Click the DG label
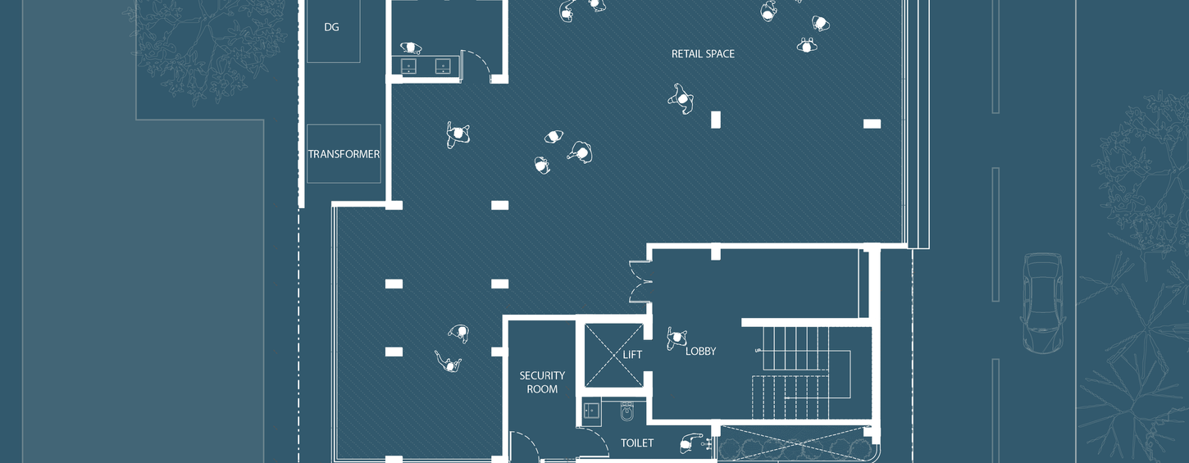coord(331,27)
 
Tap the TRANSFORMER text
coord(344,154)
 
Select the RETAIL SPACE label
coord(703,54)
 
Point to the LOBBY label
coord(700,351)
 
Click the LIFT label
coord(632,354)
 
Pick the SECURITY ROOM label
coord(542,382)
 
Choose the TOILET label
coord(637,443)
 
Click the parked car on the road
coord(1042,303)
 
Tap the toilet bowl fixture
coord(626,411)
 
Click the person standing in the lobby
coord(676,338)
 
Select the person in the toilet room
coord(690,443)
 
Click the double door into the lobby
coord(640,282)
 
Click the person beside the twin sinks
coord(411,48)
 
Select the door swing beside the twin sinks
coord(476,64)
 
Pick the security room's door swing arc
coord(526,446)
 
